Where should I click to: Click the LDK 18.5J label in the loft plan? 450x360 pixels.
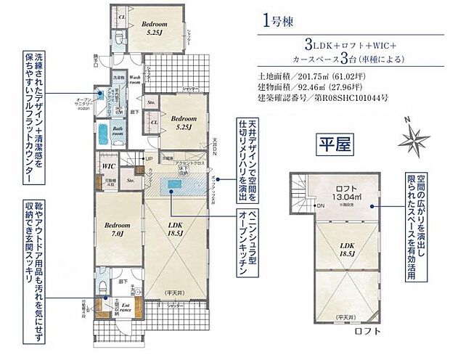click(342, 249)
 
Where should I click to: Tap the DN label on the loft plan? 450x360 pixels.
click(320, 205)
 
